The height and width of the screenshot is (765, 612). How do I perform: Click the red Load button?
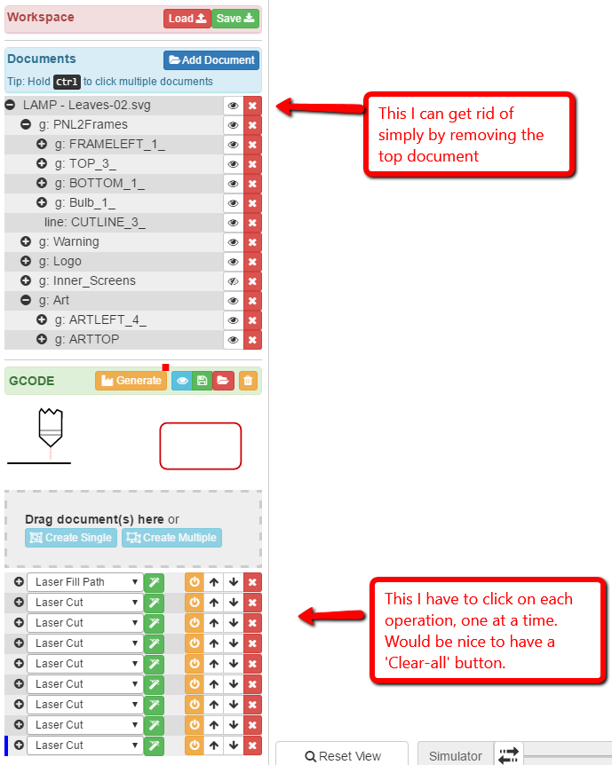click(187, 19)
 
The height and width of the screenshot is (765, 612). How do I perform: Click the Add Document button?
click(211, 60)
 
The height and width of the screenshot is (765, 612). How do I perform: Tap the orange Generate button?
click(131, 381)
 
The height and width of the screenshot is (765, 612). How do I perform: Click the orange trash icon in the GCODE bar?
click(248, 381)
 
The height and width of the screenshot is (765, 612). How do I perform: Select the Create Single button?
click(71, 538)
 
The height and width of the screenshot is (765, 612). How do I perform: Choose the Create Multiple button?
click(171, 538)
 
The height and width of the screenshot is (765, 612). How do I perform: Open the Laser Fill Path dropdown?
click(85, 582)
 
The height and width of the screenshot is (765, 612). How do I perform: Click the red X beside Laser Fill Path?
click(252, 582)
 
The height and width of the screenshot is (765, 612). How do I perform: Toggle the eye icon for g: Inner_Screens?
click(234, 281)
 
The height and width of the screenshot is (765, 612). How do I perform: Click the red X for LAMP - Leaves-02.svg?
click(252, 106)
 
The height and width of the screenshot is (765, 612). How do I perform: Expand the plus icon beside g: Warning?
click(26, 241)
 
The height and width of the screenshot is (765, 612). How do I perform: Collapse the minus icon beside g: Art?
click(26, 300)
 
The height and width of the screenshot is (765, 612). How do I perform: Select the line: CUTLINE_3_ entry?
click(95, 223)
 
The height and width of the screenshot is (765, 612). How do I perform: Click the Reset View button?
click(342, 756)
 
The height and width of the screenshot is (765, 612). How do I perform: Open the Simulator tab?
click(455, 756)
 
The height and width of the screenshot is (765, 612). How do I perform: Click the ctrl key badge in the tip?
click(67, 82)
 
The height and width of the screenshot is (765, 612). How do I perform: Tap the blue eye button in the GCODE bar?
click(182, 381)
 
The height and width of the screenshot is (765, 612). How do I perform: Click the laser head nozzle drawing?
click(51, 428)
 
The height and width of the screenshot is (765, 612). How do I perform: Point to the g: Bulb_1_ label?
click(85, 203)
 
